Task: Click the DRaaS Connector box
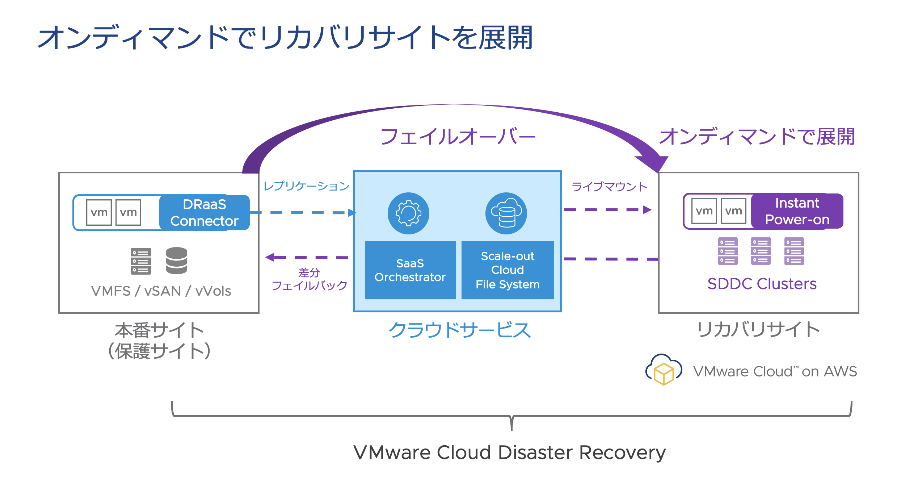click(205, 213)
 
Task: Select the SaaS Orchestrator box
click(410, 270)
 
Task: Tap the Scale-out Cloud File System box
click(508, 270)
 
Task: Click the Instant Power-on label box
click(797, 211)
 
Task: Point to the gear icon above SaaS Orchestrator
click(408, 213)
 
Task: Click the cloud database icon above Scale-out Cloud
click(506, 213)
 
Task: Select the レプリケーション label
click(306, 186)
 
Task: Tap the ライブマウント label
click(609, 187)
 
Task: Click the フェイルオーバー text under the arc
click(458, 137)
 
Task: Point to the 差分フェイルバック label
click(309, 279)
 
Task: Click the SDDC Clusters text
click(762, 284)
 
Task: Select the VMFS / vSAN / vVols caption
click(161, 291)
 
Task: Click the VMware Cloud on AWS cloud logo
click(664, 370)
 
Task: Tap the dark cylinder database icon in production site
click(177, 260)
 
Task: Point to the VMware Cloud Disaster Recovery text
click(509, 453)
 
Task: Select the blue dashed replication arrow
click(304, 213)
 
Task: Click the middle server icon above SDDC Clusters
click(761, 251)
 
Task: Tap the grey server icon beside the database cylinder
click(141, 261)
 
